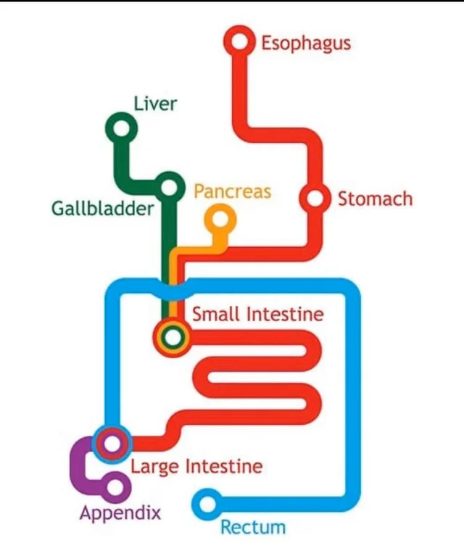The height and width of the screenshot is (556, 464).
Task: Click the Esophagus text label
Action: [x=306, y=44]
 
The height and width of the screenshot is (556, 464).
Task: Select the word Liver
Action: [x=155, y=104]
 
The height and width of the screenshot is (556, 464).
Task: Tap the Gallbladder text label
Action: [x=102, y=208]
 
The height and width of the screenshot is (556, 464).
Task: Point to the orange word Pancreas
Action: [x=232, y=191]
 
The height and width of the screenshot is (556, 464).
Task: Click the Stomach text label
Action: [x=376, y=199]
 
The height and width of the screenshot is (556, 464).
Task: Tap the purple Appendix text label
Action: [x=120, y=513]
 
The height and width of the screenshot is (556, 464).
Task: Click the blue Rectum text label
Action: [x=253, y=527]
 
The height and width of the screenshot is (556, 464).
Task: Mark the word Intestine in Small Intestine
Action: [x=285, y=314]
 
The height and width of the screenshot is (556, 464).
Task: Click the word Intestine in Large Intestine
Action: [x=224, y=466]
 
